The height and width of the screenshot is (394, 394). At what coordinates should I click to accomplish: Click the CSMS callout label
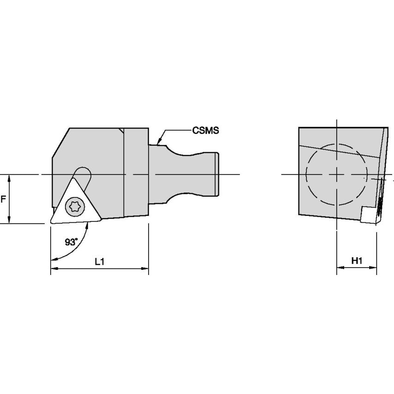coord(205,131)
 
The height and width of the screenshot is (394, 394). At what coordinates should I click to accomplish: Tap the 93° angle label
coord(72,242)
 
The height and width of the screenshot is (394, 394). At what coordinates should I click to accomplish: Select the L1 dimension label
coord(100,262)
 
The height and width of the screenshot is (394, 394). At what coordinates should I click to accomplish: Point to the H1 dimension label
coord(357,261)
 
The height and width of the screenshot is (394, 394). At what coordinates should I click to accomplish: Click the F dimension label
coord(3,199)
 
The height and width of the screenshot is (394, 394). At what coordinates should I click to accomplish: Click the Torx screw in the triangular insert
coord(75,207)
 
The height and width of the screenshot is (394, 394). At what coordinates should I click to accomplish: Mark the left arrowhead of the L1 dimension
coord(54,269)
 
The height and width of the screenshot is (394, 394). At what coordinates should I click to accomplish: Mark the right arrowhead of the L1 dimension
coord(145,269)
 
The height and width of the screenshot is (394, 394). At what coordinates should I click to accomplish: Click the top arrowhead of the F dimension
coord(9,179)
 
